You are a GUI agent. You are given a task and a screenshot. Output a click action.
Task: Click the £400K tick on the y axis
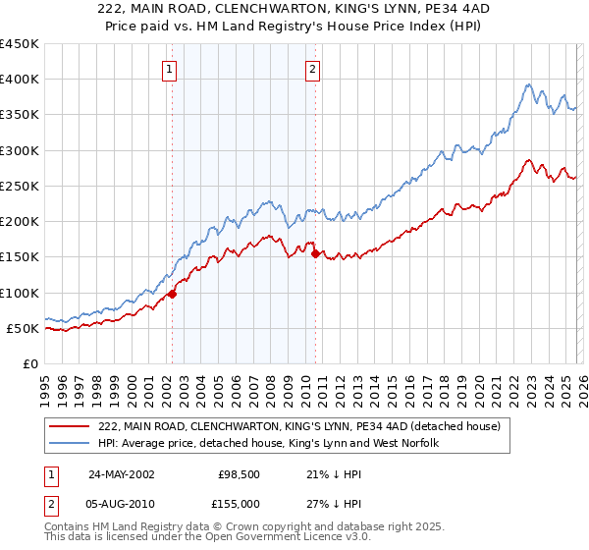coord(20,80)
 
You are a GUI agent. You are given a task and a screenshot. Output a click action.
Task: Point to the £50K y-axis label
coord(23,328)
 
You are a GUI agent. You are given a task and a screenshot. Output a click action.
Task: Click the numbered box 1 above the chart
coord(171,69)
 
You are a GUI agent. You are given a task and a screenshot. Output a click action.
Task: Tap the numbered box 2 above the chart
coord(312,69)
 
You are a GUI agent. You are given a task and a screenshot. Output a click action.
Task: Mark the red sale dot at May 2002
coord(173,294)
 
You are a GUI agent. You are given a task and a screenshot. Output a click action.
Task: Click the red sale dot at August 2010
coord(315,253)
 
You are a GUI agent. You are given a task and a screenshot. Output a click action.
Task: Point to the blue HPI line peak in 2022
coord(528,85)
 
